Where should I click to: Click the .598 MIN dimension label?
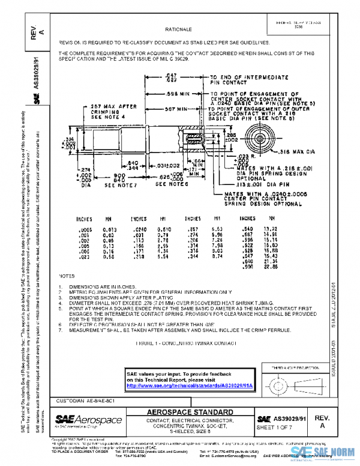tap(177, 94)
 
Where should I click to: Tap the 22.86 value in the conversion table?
tap(273, 267)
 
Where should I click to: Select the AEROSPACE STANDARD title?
tap(191, 413)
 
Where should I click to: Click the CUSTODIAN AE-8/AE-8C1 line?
tap(86, 400)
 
